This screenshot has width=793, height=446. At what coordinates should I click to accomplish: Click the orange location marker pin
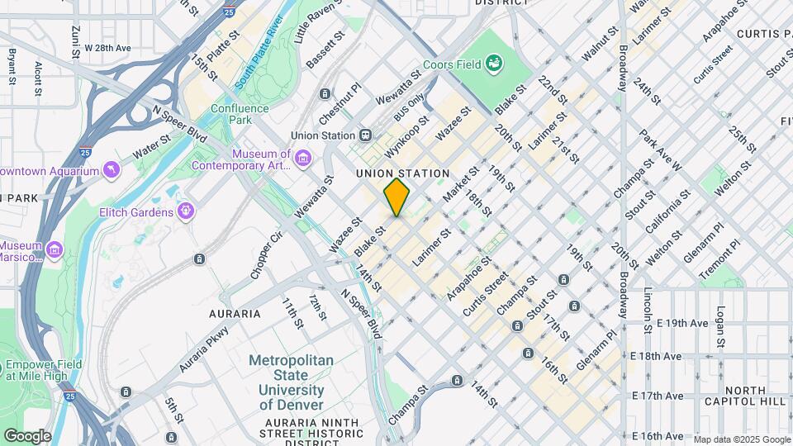[x=396, y=197]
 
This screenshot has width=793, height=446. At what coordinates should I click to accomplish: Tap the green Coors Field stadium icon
[x=494, y=62]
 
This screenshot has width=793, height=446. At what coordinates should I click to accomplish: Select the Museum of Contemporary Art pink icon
[x=302, y=158]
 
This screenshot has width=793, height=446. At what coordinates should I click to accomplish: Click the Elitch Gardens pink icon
[x=187, y=211]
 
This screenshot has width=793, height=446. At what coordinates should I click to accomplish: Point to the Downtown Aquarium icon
[x=110, y=170]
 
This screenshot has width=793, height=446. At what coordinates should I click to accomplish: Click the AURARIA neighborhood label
[x=235, y=314]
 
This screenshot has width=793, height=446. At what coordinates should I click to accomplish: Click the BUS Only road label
[x=410, y=107]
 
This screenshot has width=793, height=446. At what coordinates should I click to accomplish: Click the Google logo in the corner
[x=27, y=435]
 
